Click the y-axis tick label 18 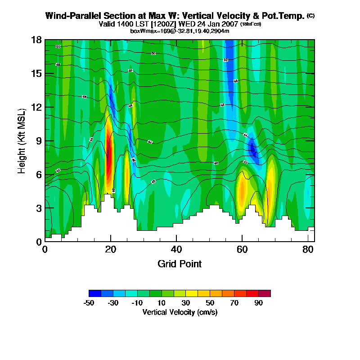(x=36, y=40)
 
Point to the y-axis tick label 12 (x=36, y=107)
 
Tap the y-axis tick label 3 (x=39, y=208)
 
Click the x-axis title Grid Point (x=180, y=264)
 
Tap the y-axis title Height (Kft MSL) (x=22, y=140)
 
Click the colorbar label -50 (x=89, y=303)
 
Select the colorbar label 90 (x=258, y=303)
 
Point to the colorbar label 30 (x=186, y=303)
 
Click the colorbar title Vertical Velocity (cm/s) (x=180, y=312)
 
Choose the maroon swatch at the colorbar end (x=264, y=293)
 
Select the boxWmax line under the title (x=180, y=31)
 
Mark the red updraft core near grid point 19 (x=108, y=160)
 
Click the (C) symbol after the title (x=310, y=16)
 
